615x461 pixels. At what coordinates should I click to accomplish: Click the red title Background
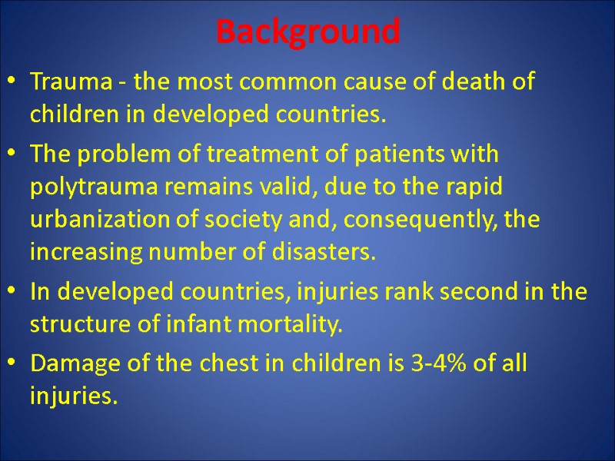(307, 32)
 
